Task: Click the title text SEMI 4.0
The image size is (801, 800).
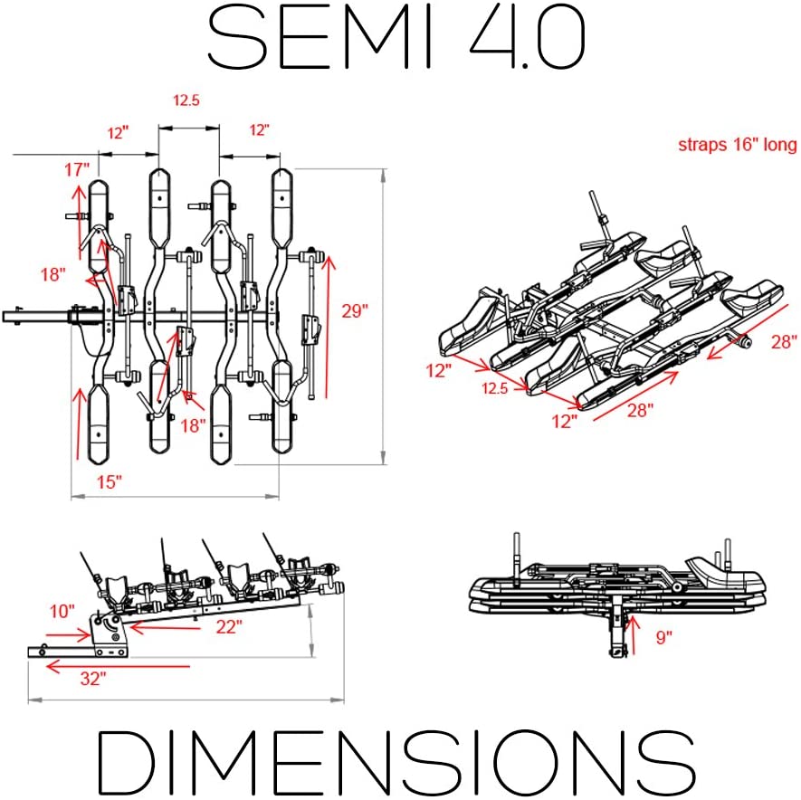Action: (396, 38)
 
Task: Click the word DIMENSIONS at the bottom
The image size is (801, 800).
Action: (396, 761)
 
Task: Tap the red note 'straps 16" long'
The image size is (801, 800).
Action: (737, 145)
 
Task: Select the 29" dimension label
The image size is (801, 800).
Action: (355, 310)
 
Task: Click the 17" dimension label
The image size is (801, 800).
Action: (77, 169)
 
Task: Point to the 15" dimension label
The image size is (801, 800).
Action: (110, 481)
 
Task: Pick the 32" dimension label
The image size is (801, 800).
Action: (93, 679)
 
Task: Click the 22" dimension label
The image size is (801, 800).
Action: (228, 626)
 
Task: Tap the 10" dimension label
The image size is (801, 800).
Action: (62, 611)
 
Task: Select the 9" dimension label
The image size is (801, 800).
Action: (663, 637)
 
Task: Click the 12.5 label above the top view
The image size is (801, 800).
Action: (186, 100)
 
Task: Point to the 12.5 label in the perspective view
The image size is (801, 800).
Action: (494, 388)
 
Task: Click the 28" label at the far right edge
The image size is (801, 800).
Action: (784, 341)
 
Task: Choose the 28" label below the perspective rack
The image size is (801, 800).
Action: (640, 410)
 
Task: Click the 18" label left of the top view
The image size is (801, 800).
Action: (53, 274)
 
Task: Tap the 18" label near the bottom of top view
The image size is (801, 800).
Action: (193, 425)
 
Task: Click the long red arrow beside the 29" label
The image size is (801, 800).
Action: (328, 327)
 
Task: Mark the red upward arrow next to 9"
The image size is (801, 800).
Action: (633, 635)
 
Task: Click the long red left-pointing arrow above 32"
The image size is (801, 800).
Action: (118, 666)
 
